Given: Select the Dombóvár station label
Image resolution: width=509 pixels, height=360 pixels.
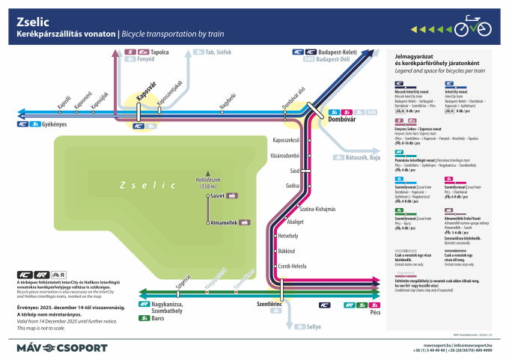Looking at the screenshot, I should [x=341, y=119].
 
